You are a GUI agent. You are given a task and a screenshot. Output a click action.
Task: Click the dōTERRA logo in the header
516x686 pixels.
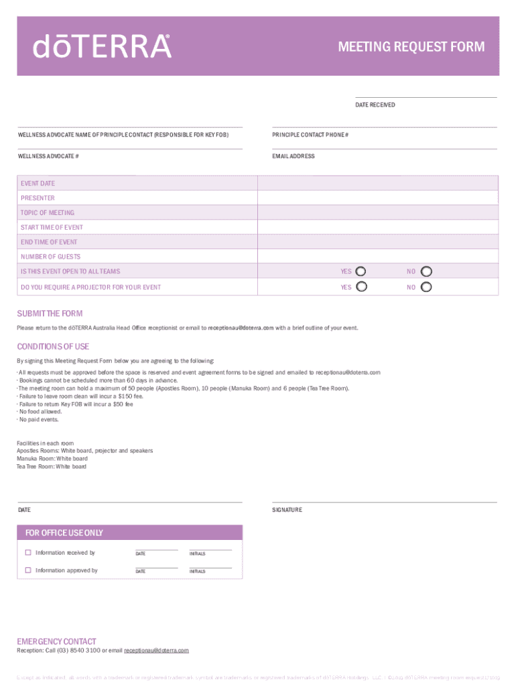(x=103, y=46)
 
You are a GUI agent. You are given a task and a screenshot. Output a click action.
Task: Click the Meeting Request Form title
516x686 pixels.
(x=411, y=47)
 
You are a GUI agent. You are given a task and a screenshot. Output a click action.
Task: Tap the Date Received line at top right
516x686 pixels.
(x=426, y=98)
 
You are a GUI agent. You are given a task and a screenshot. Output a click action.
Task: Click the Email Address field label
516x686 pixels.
(x=293, y=156)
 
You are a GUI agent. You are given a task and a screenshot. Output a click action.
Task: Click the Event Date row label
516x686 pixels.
(x=38, y=184)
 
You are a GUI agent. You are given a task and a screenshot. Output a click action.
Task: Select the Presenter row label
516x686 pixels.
(x=38, y=198)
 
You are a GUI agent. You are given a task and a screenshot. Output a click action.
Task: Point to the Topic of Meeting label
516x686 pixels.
(x=47, y=213)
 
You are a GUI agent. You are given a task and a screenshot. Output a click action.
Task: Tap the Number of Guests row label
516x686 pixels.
(x=50, y=257)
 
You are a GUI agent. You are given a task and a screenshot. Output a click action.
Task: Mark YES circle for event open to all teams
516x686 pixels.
(x=361, y=271)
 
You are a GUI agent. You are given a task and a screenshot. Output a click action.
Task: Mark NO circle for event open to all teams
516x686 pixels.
(x=426, y=271)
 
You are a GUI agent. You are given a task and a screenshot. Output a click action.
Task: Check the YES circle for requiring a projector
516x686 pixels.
(x=361, y=287)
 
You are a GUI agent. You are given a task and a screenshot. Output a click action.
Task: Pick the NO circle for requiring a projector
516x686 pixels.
(x=426, y=287)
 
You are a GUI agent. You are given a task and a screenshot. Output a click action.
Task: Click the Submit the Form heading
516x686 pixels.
(x=50, y=314)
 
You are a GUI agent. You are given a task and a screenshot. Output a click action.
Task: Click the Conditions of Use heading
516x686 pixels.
(x=52, y=346)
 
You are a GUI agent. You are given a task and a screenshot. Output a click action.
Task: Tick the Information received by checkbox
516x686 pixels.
(x=28, y=553)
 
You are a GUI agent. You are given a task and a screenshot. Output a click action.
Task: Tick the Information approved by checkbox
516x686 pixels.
(x=28, y=570)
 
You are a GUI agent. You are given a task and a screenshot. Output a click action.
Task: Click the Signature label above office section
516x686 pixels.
(x=287, y=510)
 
